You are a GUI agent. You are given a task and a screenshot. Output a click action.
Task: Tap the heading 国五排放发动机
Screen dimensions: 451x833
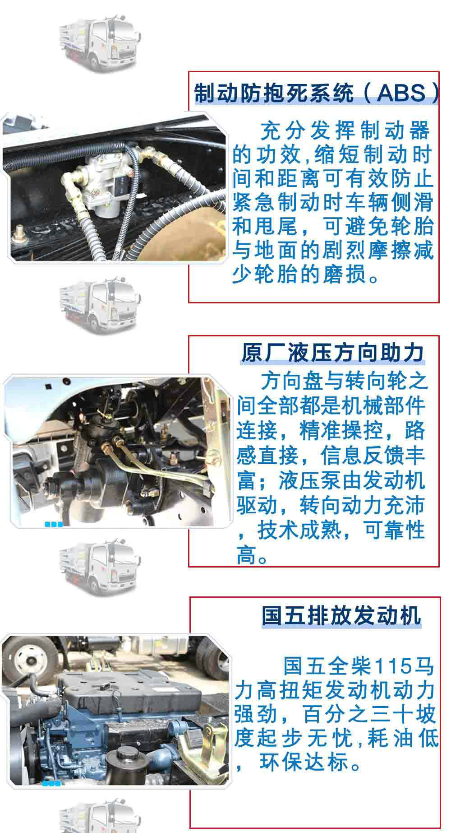pyautogui.click(x=342, y=615)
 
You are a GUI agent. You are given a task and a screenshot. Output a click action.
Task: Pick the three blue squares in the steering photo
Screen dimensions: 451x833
pyautogui.click(x=53, y=524)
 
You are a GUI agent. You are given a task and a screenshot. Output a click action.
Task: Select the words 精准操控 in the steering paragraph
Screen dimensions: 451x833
pyautogui.click(x=341, y=430)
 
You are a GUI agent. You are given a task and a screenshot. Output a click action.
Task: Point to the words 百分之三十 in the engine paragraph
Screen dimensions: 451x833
pyautogui.click(x=356, y=715)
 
